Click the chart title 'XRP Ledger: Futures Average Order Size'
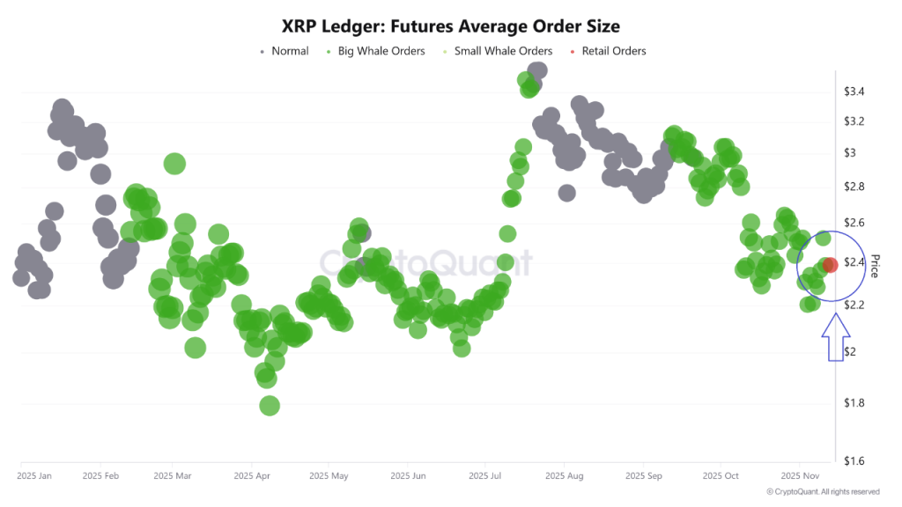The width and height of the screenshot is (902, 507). coord(450,26)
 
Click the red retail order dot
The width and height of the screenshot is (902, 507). coord(830,265)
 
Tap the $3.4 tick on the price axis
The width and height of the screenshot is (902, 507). coord(854,92)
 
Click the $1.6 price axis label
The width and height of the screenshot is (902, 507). coord(854,460)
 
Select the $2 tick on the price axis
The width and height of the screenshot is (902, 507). coord(850,352)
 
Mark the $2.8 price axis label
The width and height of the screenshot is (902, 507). coord(854,187)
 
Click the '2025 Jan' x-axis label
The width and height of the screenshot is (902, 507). coord(34,476)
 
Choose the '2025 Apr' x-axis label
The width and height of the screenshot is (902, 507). coord(251,476)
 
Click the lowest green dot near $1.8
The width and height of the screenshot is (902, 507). coord(270,406)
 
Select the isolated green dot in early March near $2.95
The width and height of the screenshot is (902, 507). coord(174,164)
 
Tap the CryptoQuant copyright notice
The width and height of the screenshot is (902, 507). coord(822,492)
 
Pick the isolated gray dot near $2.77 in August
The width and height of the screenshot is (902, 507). coord(567,193)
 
